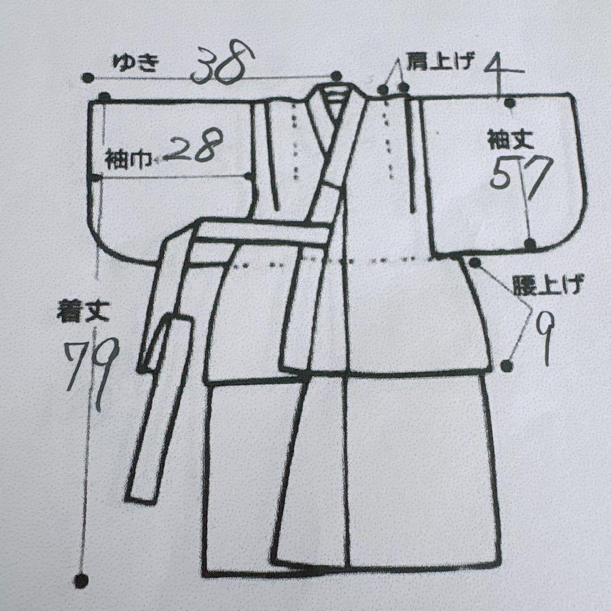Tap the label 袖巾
(x=127, y=160)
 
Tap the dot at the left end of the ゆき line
(x=87, y=78)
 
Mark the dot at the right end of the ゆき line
(x=337, y=76)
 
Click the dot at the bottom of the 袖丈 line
(x=530, y=244)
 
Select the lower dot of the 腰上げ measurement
(x=507, y=366)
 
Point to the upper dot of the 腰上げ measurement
(x=475, y=262)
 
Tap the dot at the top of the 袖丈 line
(x=510, y=102)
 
